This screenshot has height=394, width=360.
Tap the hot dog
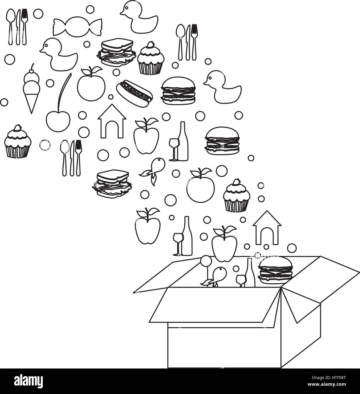tap(135, 93)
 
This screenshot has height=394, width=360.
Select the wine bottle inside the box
tap(250, 273)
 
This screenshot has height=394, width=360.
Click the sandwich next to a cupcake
tap(116, 53)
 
